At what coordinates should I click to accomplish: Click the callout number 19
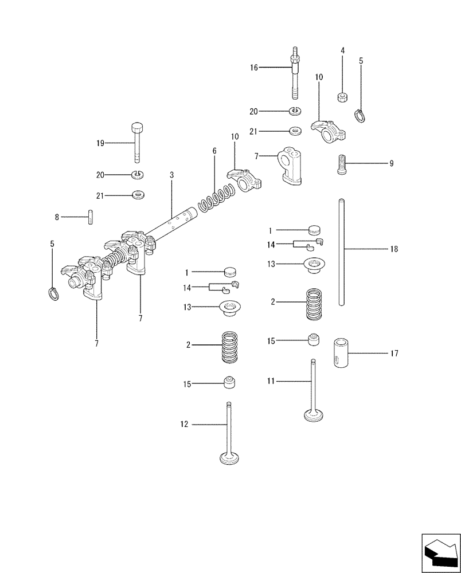tap(100, 143)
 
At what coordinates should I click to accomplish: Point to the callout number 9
tap(391, 163)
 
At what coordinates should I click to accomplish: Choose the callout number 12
tap(184, 425)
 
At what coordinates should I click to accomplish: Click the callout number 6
tap(214, 151)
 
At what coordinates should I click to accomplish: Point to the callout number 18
tap(393, 249)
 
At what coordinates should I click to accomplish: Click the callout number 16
tap(255, 67)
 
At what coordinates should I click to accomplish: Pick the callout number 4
tap(342, 50)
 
